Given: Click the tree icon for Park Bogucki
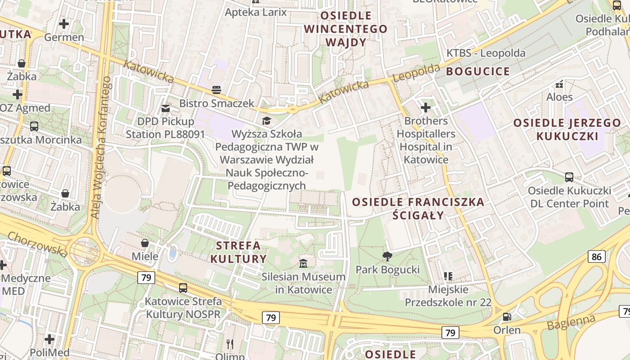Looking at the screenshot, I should tap(387, 256).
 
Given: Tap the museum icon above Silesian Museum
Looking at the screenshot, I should tap(304, 263).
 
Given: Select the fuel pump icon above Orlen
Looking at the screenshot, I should tap(507, 317).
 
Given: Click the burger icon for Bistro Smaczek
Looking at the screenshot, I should tap(216, 90).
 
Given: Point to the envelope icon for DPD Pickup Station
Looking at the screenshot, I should tap(166, 108).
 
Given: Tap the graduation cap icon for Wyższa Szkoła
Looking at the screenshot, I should tap(266, 121).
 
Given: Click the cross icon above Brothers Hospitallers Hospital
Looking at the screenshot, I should tap(426, 108).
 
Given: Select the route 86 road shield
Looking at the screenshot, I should tap(596, 257).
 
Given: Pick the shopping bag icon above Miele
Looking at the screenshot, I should tap(145, 243).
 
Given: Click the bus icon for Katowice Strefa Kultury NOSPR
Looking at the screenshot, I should tap(183, 288).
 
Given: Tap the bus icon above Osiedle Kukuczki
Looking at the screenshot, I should tap(569, 177).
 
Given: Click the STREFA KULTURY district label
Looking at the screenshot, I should tap(238, 252).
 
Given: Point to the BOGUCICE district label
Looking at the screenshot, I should tap(478, 71).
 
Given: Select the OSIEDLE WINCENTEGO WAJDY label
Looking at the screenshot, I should tap(346, 29).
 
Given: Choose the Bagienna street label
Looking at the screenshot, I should tap(571, 322).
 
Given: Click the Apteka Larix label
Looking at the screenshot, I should tap(256, 12).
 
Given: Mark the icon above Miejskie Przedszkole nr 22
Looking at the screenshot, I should tap(448, 276).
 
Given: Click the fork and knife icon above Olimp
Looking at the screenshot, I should tap(230, 344).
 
